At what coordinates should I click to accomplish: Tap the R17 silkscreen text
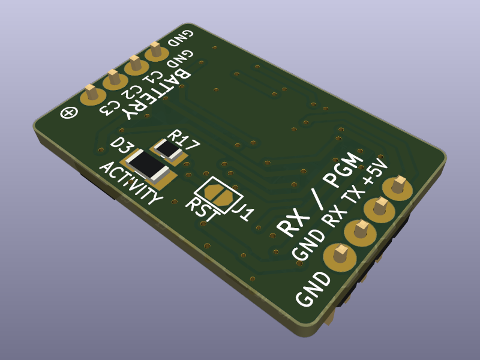click(183, 140)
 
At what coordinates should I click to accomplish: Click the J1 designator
click(244, 211)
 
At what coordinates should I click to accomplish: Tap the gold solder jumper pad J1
click(218, 195)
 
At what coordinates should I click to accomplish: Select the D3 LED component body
click(148, 166)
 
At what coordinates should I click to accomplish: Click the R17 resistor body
click(168, 150)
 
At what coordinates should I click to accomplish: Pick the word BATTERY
click(156, 93)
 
